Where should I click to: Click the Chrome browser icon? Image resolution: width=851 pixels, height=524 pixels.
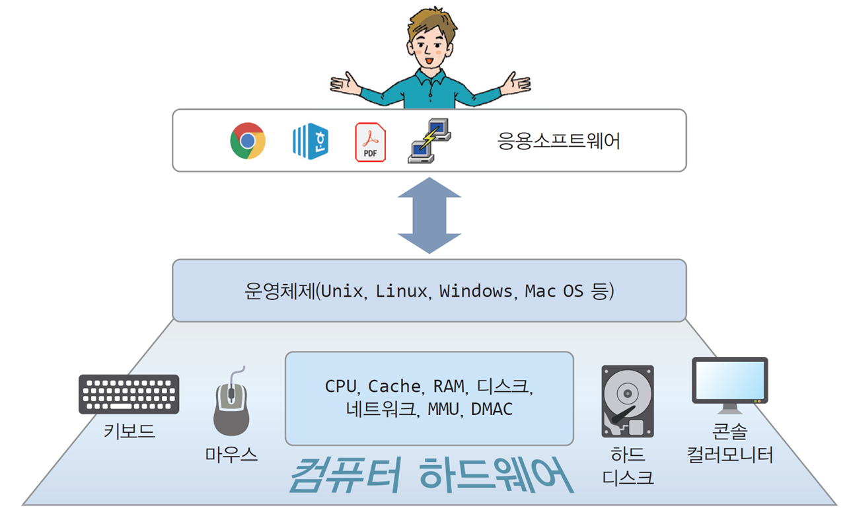[248, 141]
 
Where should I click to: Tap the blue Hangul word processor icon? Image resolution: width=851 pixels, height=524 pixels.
[311, 141]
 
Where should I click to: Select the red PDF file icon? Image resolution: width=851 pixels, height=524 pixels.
[371, 142]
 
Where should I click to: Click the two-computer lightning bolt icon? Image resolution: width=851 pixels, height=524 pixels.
[429, 141]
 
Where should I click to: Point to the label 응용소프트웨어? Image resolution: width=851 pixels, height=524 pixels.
[558, 141]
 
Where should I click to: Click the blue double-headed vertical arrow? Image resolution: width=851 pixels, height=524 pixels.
[429, 215]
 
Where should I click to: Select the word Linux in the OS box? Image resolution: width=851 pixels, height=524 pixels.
[401, 291]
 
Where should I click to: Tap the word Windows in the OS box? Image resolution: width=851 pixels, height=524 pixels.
[476, 291]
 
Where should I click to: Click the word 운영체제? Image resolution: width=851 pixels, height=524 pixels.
[279, 291]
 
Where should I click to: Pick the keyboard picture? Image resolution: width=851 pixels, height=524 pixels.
[129, 394]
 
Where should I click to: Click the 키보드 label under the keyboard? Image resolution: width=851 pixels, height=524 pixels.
[129, 431]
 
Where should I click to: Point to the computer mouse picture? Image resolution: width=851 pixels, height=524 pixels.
[231, 402]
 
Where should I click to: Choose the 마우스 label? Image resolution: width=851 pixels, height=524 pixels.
[231, 455]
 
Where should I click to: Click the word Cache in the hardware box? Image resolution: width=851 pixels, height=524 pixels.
[394, 387]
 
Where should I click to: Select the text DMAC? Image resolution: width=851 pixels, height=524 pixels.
[492, 409]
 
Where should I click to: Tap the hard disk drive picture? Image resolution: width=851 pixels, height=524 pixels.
[628, 401]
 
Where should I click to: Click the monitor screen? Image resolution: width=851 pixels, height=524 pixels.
[730, 380]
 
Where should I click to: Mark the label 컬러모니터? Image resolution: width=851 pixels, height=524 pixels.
[730, 455]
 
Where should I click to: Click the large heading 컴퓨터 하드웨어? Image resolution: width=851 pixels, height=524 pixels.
[431, 475]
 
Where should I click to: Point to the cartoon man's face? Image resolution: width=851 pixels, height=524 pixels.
[430, 50]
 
